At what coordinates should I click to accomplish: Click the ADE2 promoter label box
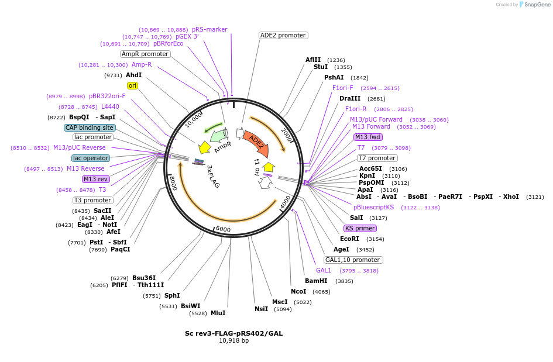[x=283, y=35]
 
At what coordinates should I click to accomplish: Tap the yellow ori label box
[x=132, y=85]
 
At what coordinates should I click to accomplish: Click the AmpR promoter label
[x=145, y=54]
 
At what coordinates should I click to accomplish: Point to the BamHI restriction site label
[x=316, y=281]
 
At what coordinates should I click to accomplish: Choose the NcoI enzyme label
[x=298, y=291]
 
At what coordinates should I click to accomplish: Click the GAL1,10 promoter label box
[x=353, y=260]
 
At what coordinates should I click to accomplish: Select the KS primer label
[x=360, y=228]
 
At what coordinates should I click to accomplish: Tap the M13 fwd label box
[x=367, y=137]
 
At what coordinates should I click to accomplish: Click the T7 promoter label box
[x=377, y=158]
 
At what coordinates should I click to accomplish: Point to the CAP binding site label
[x=90, y=127]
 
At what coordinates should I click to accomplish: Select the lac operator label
[x=91, y=158]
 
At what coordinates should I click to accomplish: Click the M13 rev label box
[x=95, y=179]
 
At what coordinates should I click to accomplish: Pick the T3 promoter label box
[x=93, y=200]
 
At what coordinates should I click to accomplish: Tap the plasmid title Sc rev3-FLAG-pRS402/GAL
[x=233, y=333]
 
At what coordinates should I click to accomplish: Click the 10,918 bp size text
[x=233, y=340]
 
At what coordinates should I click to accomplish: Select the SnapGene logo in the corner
[x=534, y=5]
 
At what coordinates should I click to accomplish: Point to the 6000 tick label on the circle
[x=223, y=229]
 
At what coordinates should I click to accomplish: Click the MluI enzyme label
[x=218, y=313]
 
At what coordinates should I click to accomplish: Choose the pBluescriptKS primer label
[x=373, y=207]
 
